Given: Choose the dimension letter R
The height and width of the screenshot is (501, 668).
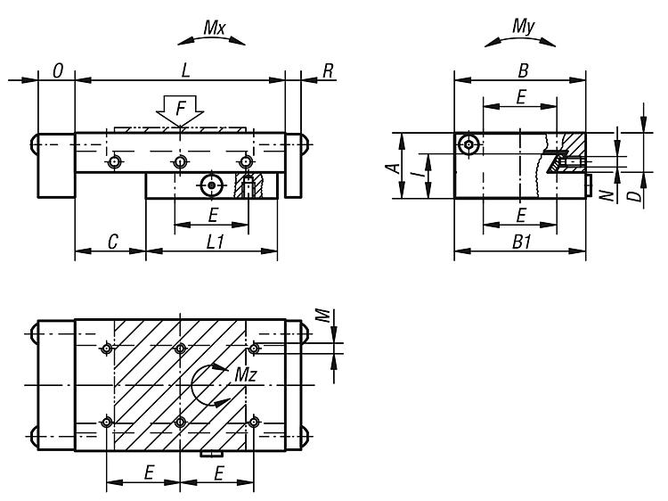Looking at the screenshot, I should [x=328, y=70].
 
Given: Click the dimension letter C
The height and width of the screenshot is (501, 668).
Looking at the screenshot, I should [x=112, y=242].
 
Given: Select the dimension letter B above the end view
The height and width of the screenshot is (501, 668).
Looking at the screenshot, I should [x=522, y=69].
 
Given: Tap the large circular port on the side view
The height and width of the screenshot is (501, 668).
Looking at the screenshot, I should [x=211, y=185].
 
